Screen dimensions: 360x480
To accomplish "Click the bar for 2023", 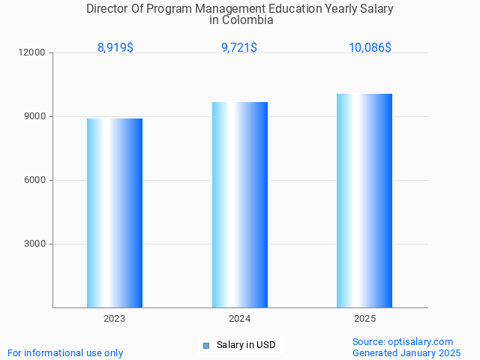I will pyautogui.click(x=115, y=213).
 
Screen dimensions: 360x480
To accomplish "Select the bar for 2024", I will pyautogui.click(x=240, y=205).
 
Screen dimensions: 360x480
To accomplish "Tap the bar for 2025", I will pyautogui.click(x=364, y=200).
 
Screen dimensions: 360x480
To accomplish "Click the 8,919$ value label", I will pyautogui.click(x=115, y=48).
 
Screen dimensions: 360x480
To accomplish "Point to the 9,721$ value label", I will pyautogui.click(x=239, y=48).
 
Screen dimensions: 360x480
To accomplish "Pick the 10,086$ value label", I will pyautogui.click(x=370, y=48).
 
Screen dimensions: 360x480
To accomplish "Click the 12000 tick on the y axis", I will pyautogui.click(x=32, y=53).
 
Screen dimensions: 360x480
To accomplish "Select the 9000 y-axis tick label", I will pyautogui.click(x=34, y=117).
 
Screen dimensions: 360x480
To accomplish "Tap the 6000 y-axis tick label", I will pyautogui.click(x=34, y=181).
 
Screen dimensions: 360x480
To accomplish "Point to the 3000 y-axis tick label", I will pyautogui.click(x=34, y=244).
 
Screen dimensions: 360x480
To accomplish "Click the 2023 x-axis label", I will pyautogui.click(x=115, y=319).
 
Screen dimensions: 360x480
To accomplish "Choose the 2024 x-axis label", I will pyautogui.click(x=240, y=319).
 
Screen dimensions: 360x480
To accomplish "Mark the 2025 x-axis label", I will pyautogui.click(x=364, y=319).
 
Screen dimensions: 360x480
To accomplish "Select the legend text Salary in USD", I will pyautogui.click(x=246, y=346).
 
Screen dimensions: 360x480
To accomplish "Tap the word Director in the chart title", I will pyautogui.click(x=108, y=9).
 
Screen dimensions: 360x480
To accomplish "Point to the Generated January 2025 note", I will pyautogui.click(x=406, y=353).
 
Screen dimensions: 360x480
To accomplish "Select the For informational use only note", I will pyautogui.click(x=65, y=353).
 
